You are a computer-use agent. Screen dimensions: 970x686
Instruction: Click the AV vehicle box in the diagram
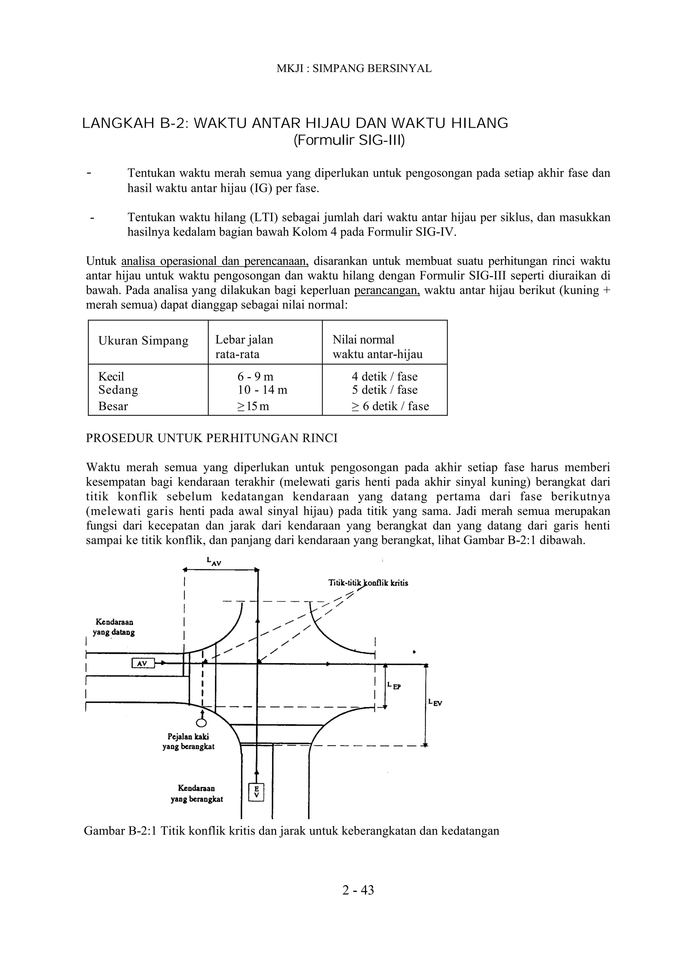pyautogui.click(x=142, y=663)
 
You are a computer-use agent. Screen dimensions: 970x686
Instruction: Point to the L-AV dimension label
pyautogui.click(x=214, y=561)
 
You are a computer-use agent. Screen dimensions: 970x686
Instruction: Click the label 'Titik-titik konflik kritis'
pyautogui.click(x=368, y=583)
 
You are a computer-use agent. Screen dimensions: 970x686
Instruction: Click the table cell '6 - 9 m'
pyautogui.click(x=255, y=377)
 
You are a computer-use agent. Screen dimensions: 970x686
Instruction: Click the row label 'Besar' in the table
pyautogui.click(x=113, y=406)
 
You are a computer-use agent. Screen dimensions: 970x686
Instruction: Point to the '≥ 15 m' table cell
pyautogui.click(x=253, y=406)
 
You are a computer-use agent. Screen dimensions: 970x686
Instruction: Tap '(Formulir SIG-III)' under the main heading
pyautogui.click(x=349, y=140)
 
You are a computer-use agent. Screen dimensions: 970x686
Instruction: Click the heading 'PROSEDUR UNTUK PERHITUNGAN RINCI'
pyautogui.click(x=212, y=438)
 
